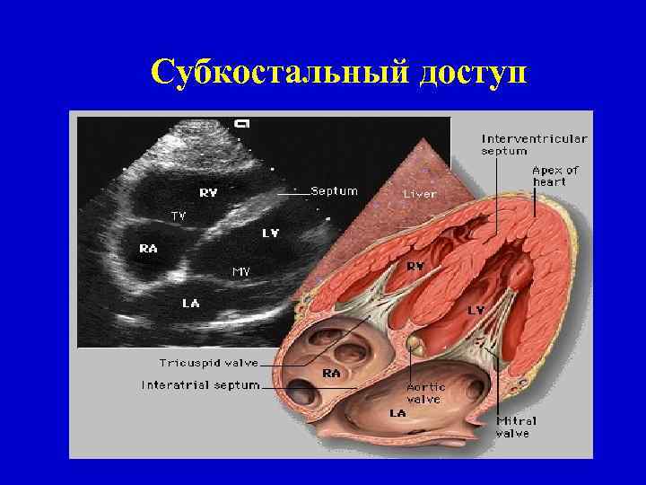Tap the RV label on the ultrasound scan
click(208, 191)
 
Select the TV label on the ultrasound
click(179, 216)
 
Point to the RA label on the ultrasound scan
click(149, 248)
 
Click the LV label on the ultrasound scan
click(270, 233)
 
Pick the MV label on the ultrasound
click(241, 271)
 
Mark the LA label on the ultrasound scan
click(191, 304)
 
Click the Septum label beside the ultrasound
click(334, 191)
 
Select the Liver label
click(420, 193)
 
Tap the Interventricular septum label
click(535, 145)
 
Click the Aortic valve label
click(423, 392)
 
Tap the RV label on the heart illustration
click(416, 266)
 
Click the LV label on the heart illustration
click(476, 309)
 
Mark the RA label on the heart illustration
click(331, 371)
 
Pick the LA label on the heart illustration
click(397, 413)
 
